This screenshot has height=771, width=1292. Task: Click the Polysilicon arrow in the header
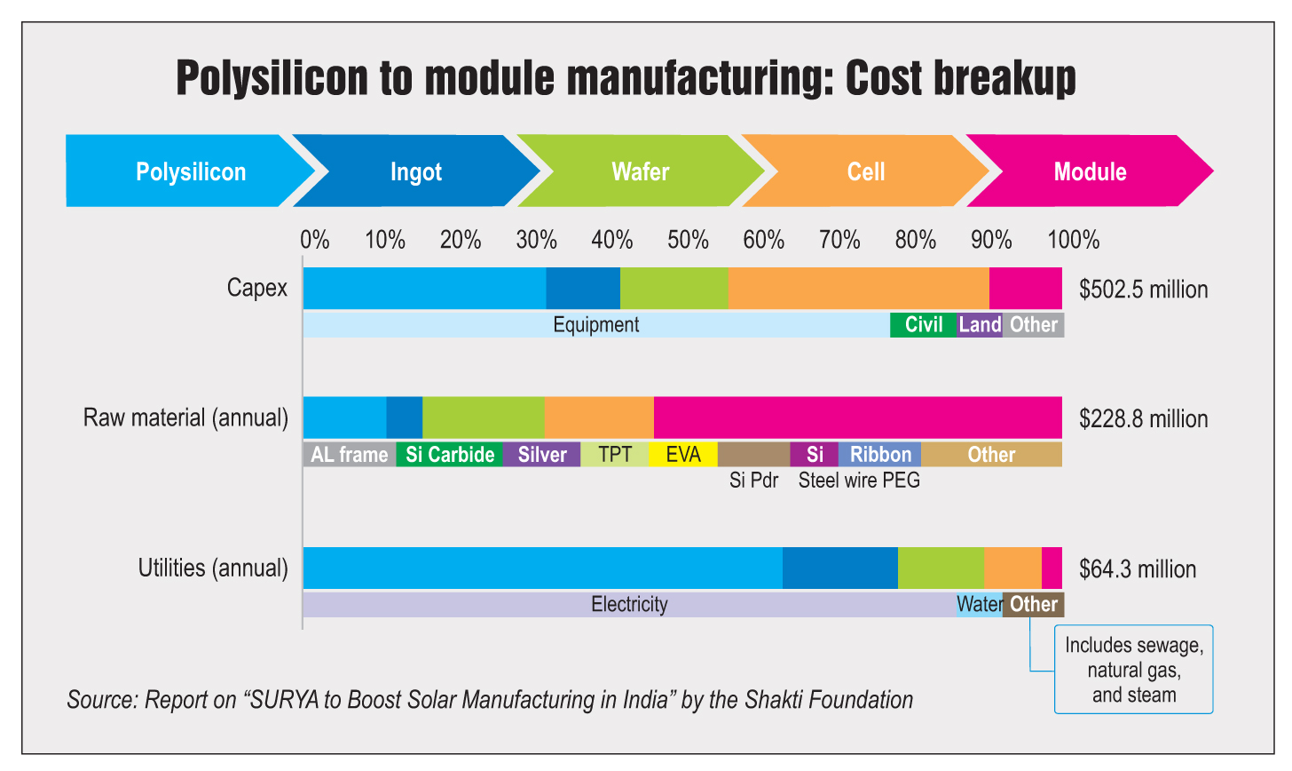pos(190,171)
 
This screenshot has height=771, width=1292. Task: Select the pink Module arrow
pos(1090,171)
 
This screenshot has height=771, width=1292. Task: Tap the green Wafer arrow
pos(640,171)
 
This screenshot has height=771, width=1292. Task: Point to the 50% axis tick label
pos(688,240)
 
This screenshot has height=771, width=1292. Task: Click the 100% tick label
pos(1073,240)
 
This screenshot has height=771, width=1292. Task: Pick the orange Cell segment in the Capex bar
pos(858,288)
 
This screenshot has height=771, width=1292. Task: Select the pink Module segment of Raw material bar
pos(857,417)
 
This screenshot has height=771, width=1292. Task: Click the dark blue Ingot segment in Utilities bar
pos(839,568)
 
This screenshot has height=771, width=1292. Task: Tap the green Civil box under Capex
pos(923,325)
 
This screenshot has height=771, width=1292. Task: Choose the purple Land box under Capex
pos(980,325)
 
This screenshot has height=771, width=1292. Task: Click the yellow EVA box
pos(682,455)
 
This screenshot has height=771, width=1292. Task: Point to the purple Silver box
pos(541,455)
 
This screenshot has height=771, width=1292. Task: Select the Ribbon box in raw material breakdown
pos(879,455)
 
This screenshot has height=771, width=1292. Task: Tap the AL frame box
pos(350,455)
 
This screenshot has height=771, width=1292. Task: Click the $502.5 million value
pos(1143,290)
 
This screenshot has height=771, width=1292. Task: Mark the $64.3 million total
pos(1138,569)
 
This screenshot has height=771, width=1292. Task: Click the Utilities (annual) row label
pos(213,568)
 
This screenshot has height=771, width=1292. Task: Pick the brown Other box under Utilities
pos(1033,605)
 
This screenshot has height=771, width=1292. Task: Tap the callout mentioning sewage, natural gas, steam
pos(1133,670)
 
